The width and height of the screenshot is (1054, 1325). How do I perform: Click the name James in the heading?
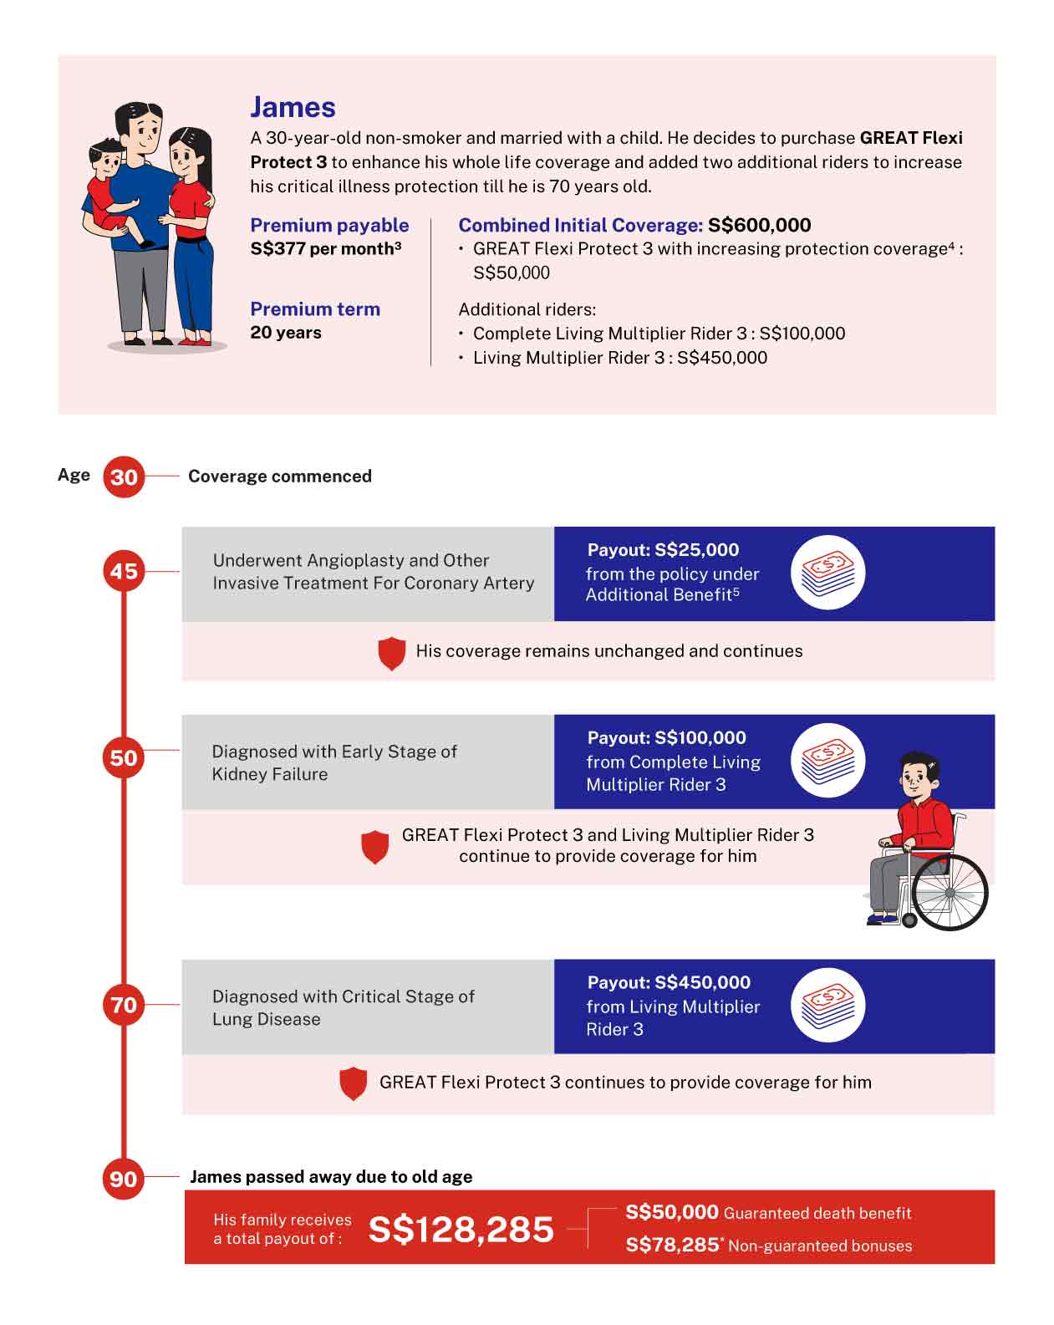(293, 107)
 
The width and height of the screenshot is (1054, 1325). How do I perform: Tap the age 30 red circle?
(124, 476)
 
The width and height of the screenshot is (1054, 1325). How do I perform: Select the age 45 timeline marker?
(124, 572)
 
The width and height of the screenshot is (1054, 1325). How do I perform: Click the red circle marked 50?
(124, 758)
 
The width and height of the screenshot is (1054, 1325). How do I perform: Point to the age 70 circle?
(124, 1004)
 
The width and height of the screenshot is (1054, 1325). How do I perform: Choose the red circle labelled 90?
(124, 1179)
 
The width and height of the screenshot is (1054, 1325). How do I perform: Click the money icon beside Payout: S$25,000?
(827, 573)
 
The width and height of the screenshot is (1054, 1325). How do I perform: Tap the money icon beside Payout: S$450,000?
(827, 1006)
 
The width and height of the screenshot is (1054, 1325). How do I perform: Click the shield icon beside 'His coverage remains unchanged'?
(391, 653)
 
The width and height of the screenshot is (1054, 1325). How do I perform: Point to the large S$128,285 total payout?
(461, 1229)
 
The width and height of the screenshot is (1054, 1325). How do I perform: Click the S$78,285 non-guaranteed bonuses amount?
(672, 1245)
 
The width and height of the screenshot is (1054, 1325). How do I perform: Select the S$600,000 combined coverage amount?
(759, 225)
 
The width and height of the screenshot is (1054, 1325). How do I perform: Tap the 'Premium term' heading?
(315, 309)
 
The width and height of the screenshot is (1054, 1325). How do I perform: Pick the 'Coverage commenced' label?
(279, 476)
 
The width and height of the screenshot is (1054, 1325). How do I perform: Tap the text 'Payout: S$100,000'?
(666, 737)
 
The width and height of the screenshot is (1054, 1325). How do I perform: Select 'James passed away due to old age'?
(331, 1177)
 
